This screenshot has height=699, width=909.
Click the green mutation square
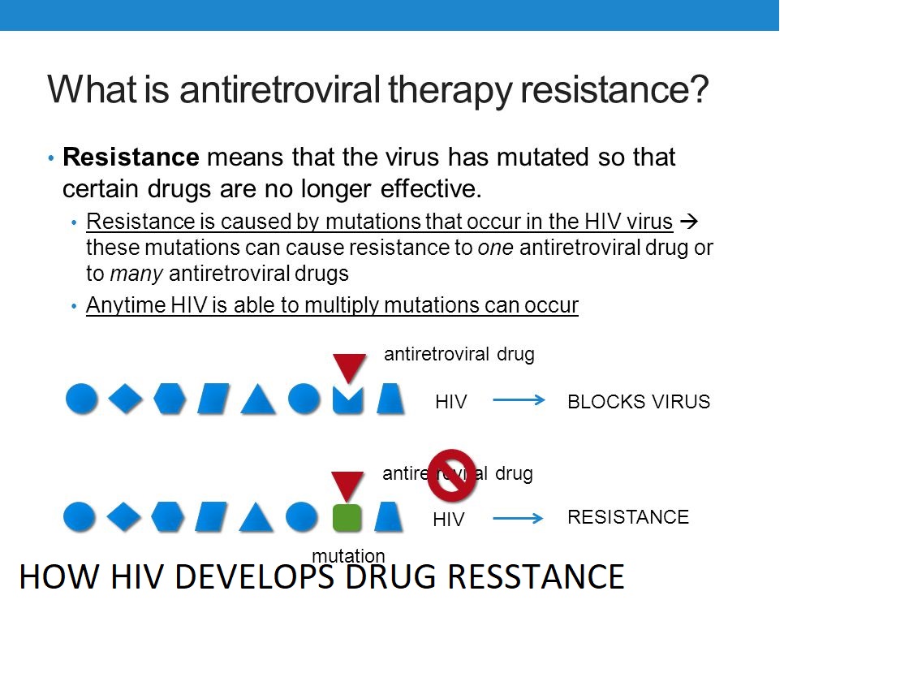(x=347, y=518)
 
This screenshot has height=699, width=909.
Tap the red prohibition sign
(x=451, y=475)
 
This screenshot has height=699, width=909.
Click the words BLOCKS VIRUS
(x=638, y=401)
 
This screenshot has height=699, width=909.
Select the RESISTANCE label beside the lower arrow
(x=628, y=517)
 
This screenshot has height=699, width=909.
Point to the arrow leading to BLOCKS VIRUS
(x=519, y=399)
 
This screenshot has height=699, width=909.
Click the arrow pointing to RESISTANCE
(x=518, y=518)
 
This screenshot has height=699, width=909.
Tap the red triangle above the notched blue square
(x=349, y=367)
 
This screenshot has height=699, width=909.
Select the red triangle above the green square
(x=347, y=485)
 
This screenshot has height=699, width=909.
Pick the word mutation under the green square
(x=348, y=556)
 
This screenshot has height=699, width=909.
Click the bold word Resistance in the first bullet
(x=131, y=157)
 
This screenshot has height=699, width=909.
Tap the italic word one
(x=495, y=248)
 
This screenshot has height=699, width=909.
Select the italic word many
(x=137, y=274)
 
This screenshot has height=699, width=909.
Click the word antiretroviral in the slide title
(x=279, y=89)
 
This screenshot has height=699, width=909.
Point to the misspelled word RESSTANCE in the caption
(x=536, y=576)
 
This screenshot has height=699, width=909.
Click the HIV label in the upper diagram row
(x=450, y=401)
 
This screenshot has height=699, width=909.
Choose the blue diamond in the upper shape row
(x=126, y=399)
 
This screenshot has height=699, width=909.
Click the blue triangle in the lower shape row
(x=256, y=517)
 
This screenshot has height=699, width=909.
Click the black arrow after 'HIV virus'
(x=688, y=221)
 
